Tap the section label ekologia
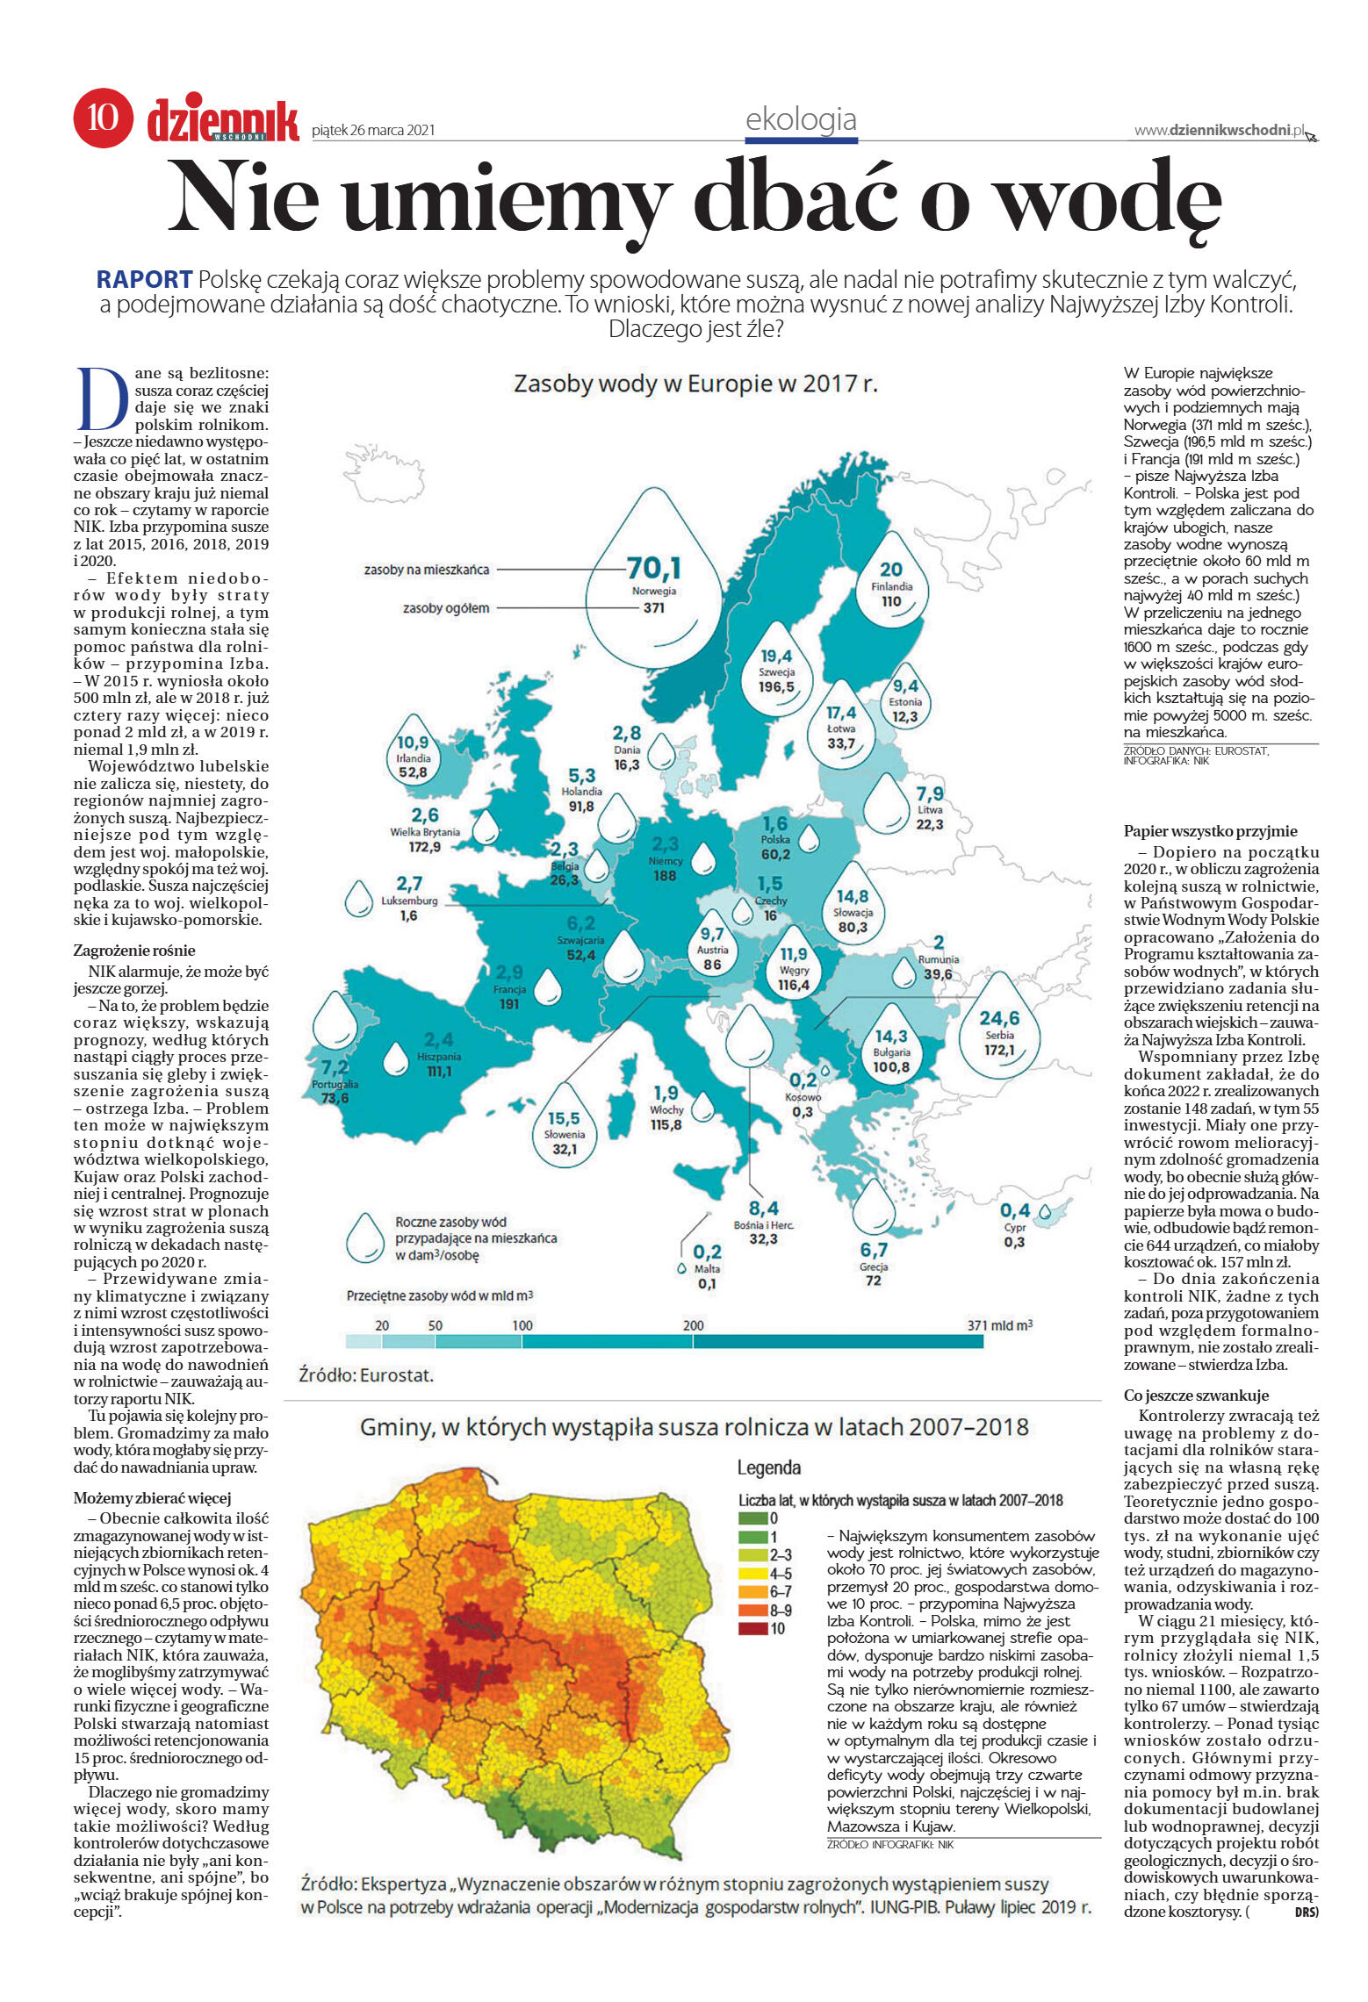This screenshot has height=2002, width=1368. coord(800,119)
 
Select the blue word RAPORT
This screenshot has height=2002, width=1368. coord(144,280)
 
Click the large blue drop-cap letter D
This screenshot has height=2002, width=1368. coord(103,398)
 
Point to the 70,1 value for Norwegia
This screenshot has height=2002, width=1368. coord(654,569)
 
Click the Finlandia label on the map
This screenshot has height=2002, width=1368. coord(891,586)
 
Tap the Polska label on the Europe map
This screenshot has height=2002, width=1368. coord(775,840)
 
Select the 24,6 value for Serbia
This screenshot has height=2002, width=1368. coord(999,1018)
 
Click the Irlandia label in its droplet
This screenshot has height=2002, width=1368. coord(413,758)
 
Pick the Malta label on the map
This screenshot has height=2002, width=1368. coord(707,1269)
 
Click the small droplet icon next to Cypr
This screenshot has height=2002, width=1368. coord(1044,1212)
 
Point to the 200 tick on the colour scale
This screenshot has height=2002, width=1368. coord(693,1325)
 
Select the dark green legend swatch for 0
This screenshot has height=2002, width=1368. coord(752,1518)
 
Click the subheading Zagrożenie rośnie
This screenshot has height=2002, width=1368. coord(134,951)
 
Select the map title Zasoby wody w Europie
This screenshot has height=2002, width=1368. coord(695,384)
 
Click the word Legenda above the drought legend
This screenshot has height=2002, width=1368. coord(768,1467)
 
